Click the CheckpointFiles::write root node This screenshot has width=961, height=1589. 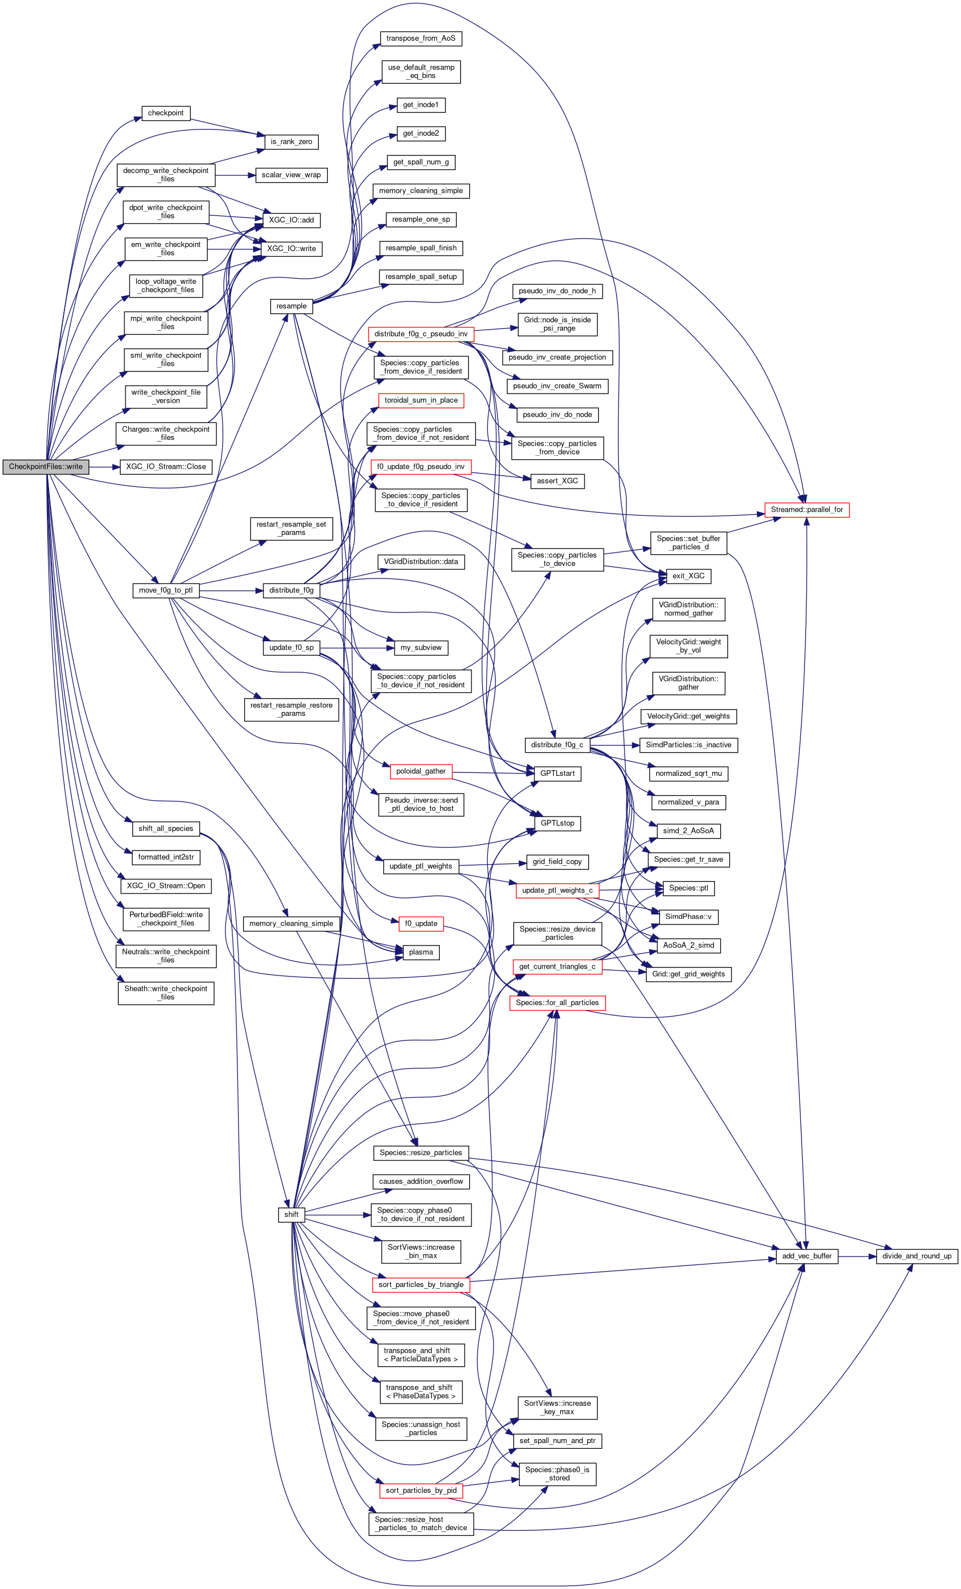tap(46, 467)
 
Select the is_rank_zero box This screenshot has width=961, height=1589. tap(291, 142)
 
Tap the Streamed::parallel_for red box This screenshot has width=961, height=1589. tap(806, 509)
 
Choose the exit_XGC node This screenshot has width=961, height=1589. tap(689, 576)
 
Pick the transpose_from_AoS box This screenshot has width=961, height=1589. tap(420, 38)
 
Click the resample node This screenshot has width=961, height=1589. tap(291, 306)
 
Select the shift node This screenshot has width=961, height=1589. tap(291, 1214)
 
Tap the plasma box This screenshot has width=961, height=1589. tap(421, 952)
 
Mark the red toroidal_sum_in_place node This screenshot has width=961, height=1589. tap(421, 400)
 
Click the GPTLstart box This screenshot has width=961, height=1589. tap(557, 773)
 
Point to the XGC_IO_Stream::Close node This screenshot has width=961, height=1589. tap(166, 467)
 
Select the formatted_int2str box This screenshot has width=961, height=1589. tap(166, 857)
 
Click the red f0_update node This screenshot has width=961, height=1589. tap(421, 923)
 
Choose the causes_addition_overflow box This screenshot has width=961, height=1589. tap(421, 1181)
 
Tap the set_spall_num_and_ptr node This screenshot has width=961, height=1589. tap(557, 1441)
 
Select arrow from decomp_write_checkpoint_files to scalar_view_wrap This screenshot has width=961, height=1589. tap(235, 175)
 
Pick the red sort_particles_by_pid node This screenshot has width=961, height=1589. tap(421, 1491)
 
